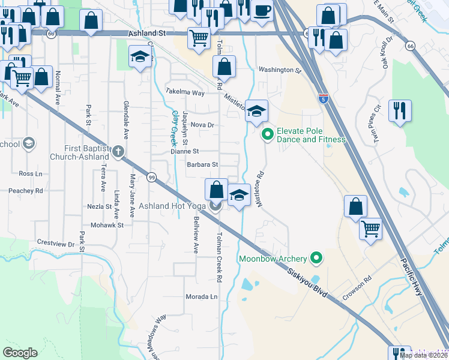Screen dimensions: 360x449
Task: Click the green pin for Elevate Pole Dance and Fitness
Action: pyautogui.click(x=268, y=134)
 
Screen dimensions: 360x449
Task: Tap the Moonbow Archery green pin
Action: pyautogui.click(x=317, y=259)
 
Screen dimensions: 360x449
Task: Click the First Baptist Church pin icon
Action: pyautogui.click(x=118, y=151)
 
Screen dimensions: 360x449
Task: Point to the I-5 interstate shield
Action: pyautogui.click(x=323, y=97)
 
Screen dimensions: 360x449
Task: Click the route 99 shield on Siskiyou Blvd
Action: pyautogui.click(x=152, y=178)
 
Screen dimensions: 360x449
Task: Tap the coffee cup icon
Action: pyautogui.click(x=262, y=10)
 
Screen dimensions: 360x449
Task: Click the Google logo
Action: pyautogui.click(x=20, y=353)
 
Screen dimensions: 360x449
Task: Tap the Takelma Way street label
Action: pyautogui.click(x=185, y=92)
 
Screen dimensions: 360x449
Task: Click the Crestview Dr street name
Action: pyautogui.click(x=55, y=244)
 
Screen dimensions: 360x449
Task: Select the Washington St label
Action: pyautogui.click(x=279, y=70)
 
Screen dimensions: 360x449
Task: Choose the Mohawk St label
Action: pyautogui.click(x=107, y=226)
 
